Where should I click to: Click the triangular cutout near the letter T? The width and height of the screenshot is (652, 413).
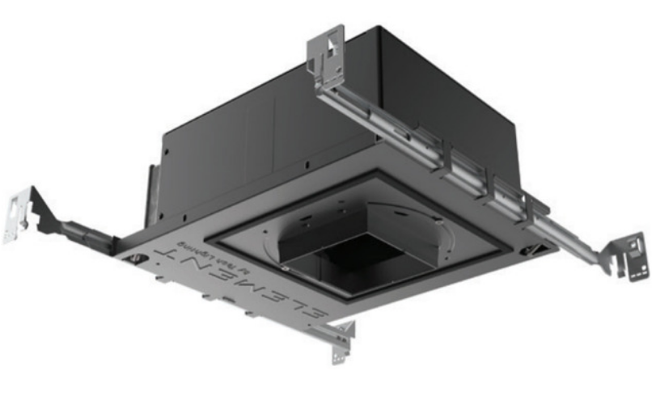pyautogui.click(x=138, y=258)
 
